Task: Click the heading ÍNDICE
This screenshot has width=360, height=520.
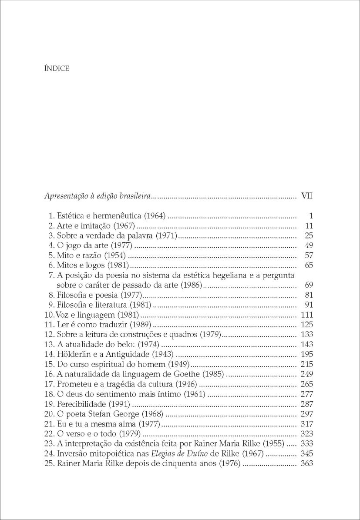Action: pos(57,68)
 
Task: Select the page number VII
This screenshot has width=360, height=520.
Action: pos(307,196)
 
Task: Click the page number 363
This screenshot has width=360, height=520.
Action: pos(307,463)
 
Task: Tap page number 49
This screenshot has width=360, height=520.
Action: pos(310,246)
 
